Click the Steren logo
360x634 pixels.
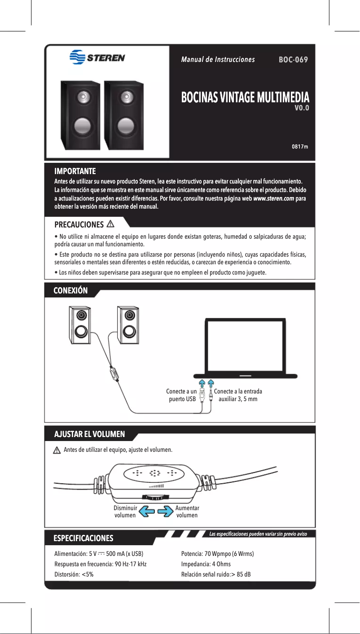pos(97,58)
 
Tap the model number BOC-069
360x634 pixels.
pos(293,60)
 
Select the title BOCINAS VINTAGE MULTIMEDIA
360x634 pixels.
pos(245,97)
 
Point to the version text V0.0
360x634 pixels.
pos(301,108)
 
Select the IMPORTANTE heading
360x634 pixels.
pos(75,171)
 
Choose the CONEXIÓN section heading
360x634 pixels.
pos(70,291)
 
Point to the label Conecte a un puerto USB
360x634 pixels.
pos(181,395)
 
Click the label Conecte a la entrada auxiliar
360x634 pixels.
pos(238,395)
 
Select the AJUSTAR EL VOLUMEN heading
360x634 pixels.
pos(89,434)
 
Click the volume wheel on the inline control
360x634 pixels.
pos(154,497)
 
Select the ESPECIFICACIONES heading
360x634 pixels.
pos(83,538)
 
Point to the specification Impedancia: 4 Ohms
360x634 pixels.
pos(206,564)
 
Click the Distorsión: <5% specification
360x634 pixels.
pos(74,574)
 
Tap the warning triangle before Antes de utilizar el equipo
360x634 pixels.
pos(57,450)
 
